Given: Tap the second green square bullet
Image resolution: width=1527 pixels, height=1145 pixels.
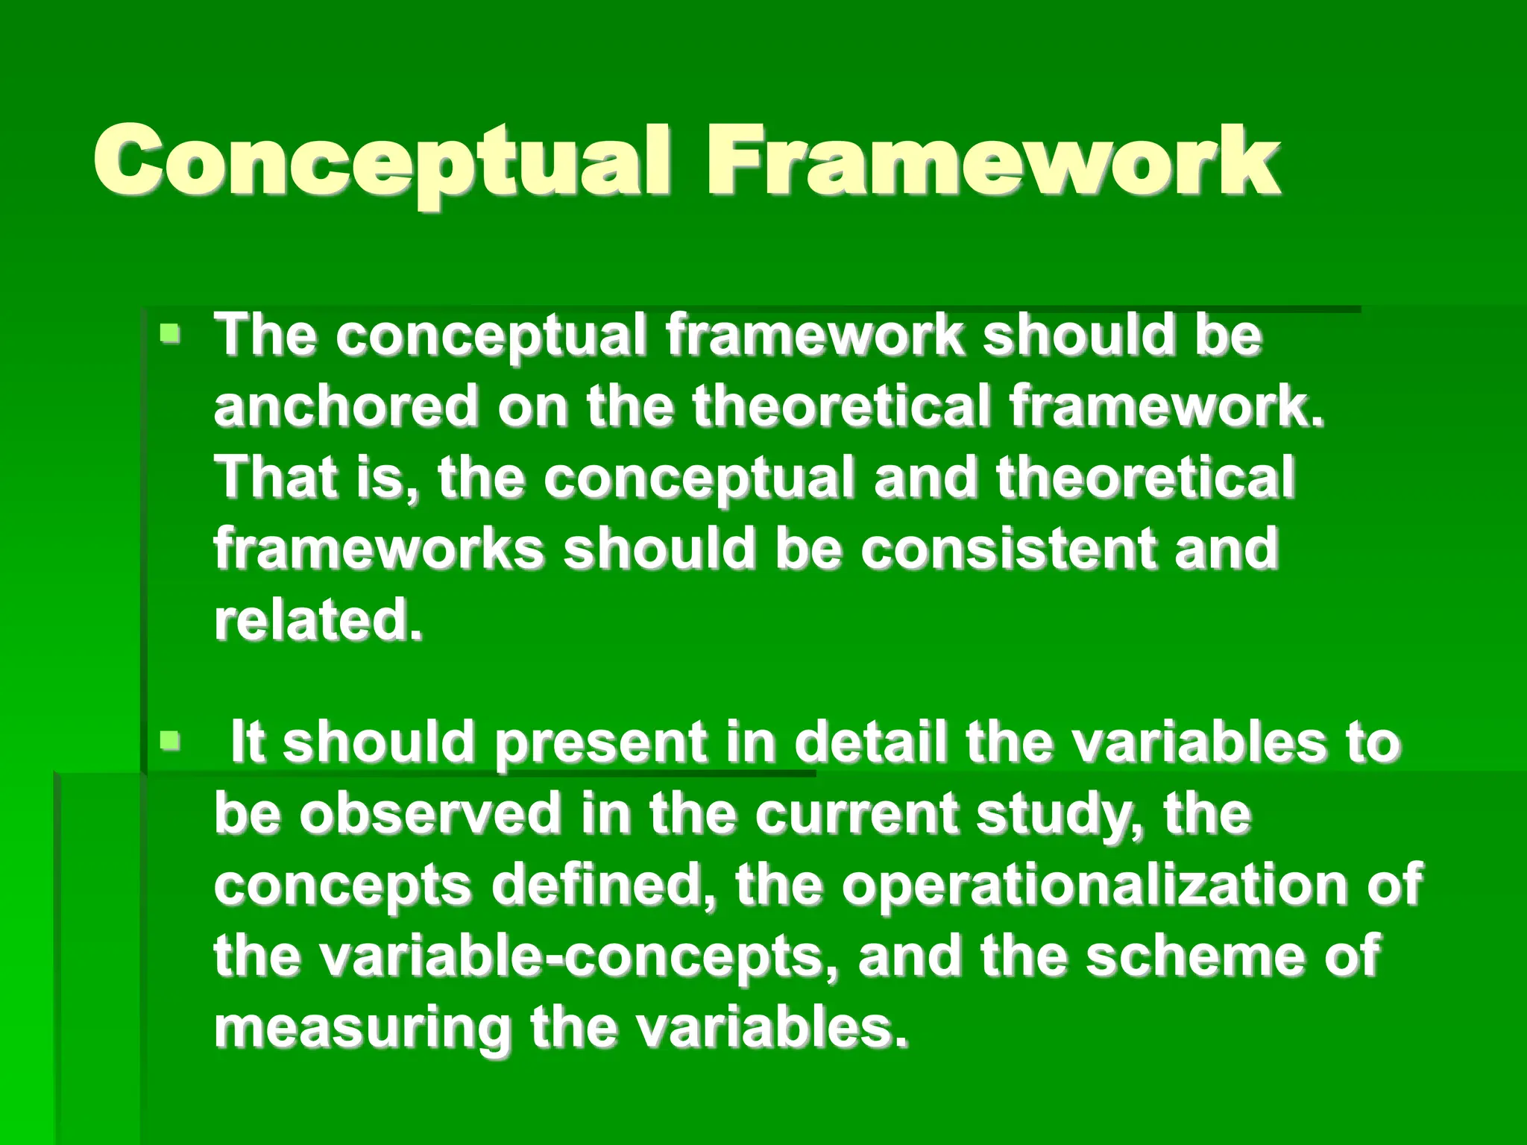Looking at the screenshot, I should coord(171,741).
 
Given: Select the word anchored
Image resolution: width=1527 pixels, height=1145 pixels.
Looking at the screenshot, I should coord(346,406).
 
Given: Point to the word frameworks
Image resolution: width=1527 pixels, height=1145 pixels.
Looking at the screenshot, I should coord(379,549).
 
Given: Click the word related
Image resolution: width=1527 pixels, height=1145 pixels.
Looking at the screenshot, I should coord(318,620).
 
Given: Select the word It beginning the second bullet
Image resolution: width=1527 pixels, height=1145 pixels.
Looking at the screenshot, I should coord(248,742).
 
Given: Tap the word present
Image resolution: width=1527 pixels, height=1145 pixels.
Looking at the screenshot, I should coord(601,744).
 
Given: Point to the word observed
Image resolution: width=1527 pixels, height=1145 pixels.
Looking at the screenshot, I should coord(430,814).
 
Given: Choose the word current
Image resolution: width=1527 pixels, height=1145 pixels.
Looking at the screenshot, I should coord(856,814).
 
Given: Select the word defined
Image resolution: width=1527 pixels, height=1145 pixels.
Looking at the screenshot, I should coord(603,885).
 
